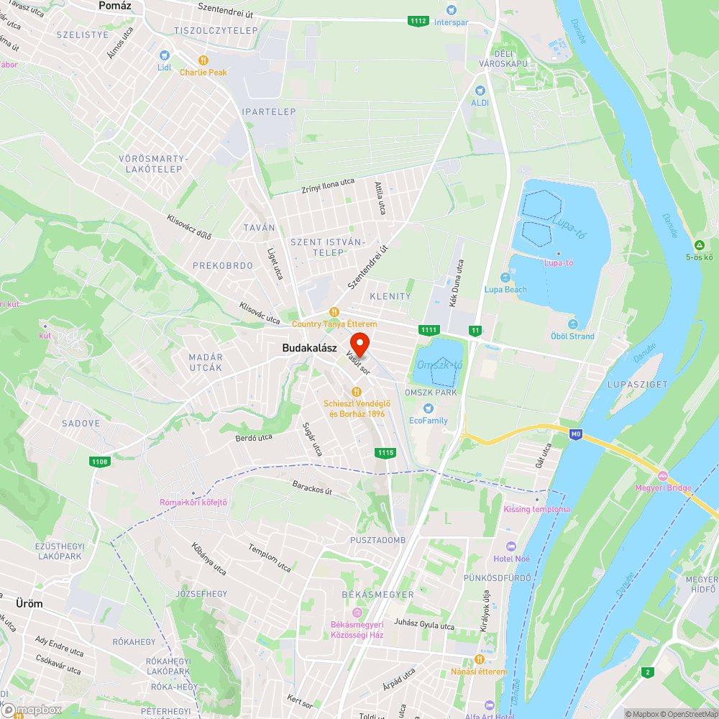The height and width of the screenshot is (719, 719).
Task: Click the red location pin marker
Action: [x=359, y=342]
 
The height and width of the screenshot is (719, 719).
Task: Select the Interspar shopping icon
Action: [x=451, y=10]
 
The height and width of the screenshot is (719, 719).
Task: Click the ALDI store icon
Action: [x=480, y=91]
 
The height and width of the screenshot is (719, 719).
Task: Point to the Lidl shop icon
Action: [x=165, y=55]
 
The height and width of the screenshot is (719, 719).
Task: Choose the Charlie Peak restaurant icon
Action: [x=203, y=61]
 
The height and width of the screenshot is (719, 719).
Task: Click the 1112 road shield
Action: [x=418, y=21]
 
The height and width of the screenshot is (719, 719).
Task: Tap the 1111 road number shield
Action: [x=429, y=329]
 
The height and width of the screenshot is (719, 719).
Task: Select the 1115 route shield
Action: [x=385, y=452]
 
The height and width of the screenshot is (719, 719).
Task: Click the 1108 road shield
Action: [x=100, y=462]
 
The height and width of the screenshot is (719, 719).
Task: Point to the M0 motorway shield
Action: [x=575, y=434]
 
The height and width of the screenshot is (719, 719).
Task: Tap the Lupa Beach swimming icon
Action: [x=505, y=278]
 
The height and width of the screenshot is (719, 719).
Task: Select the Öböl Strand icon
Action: [x=572, y=324]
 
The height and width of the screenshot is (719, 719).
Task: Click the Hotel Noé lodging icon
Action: [x=511, y=546]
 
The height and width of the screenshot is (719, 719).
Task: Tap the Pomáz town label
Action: [x=116, y=5]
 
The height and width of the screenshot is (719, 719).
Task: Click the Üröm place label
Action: [x=29, y=604]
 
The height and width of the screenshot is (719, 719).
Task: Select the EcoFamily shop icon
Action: [x=428, y=408]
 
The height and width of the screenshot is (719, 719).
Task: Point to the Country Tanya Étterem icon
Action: [x=334, y=312]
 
